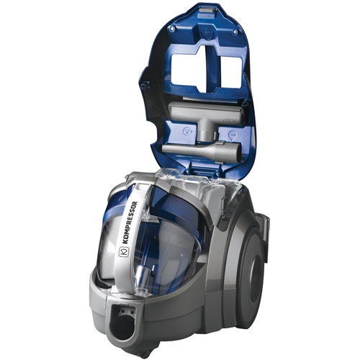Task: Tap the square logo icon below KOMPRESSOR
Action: [122, 251]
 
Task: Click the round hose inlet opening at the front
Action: [123, 325]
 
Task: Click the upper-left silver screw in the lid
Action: [171, 29]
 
